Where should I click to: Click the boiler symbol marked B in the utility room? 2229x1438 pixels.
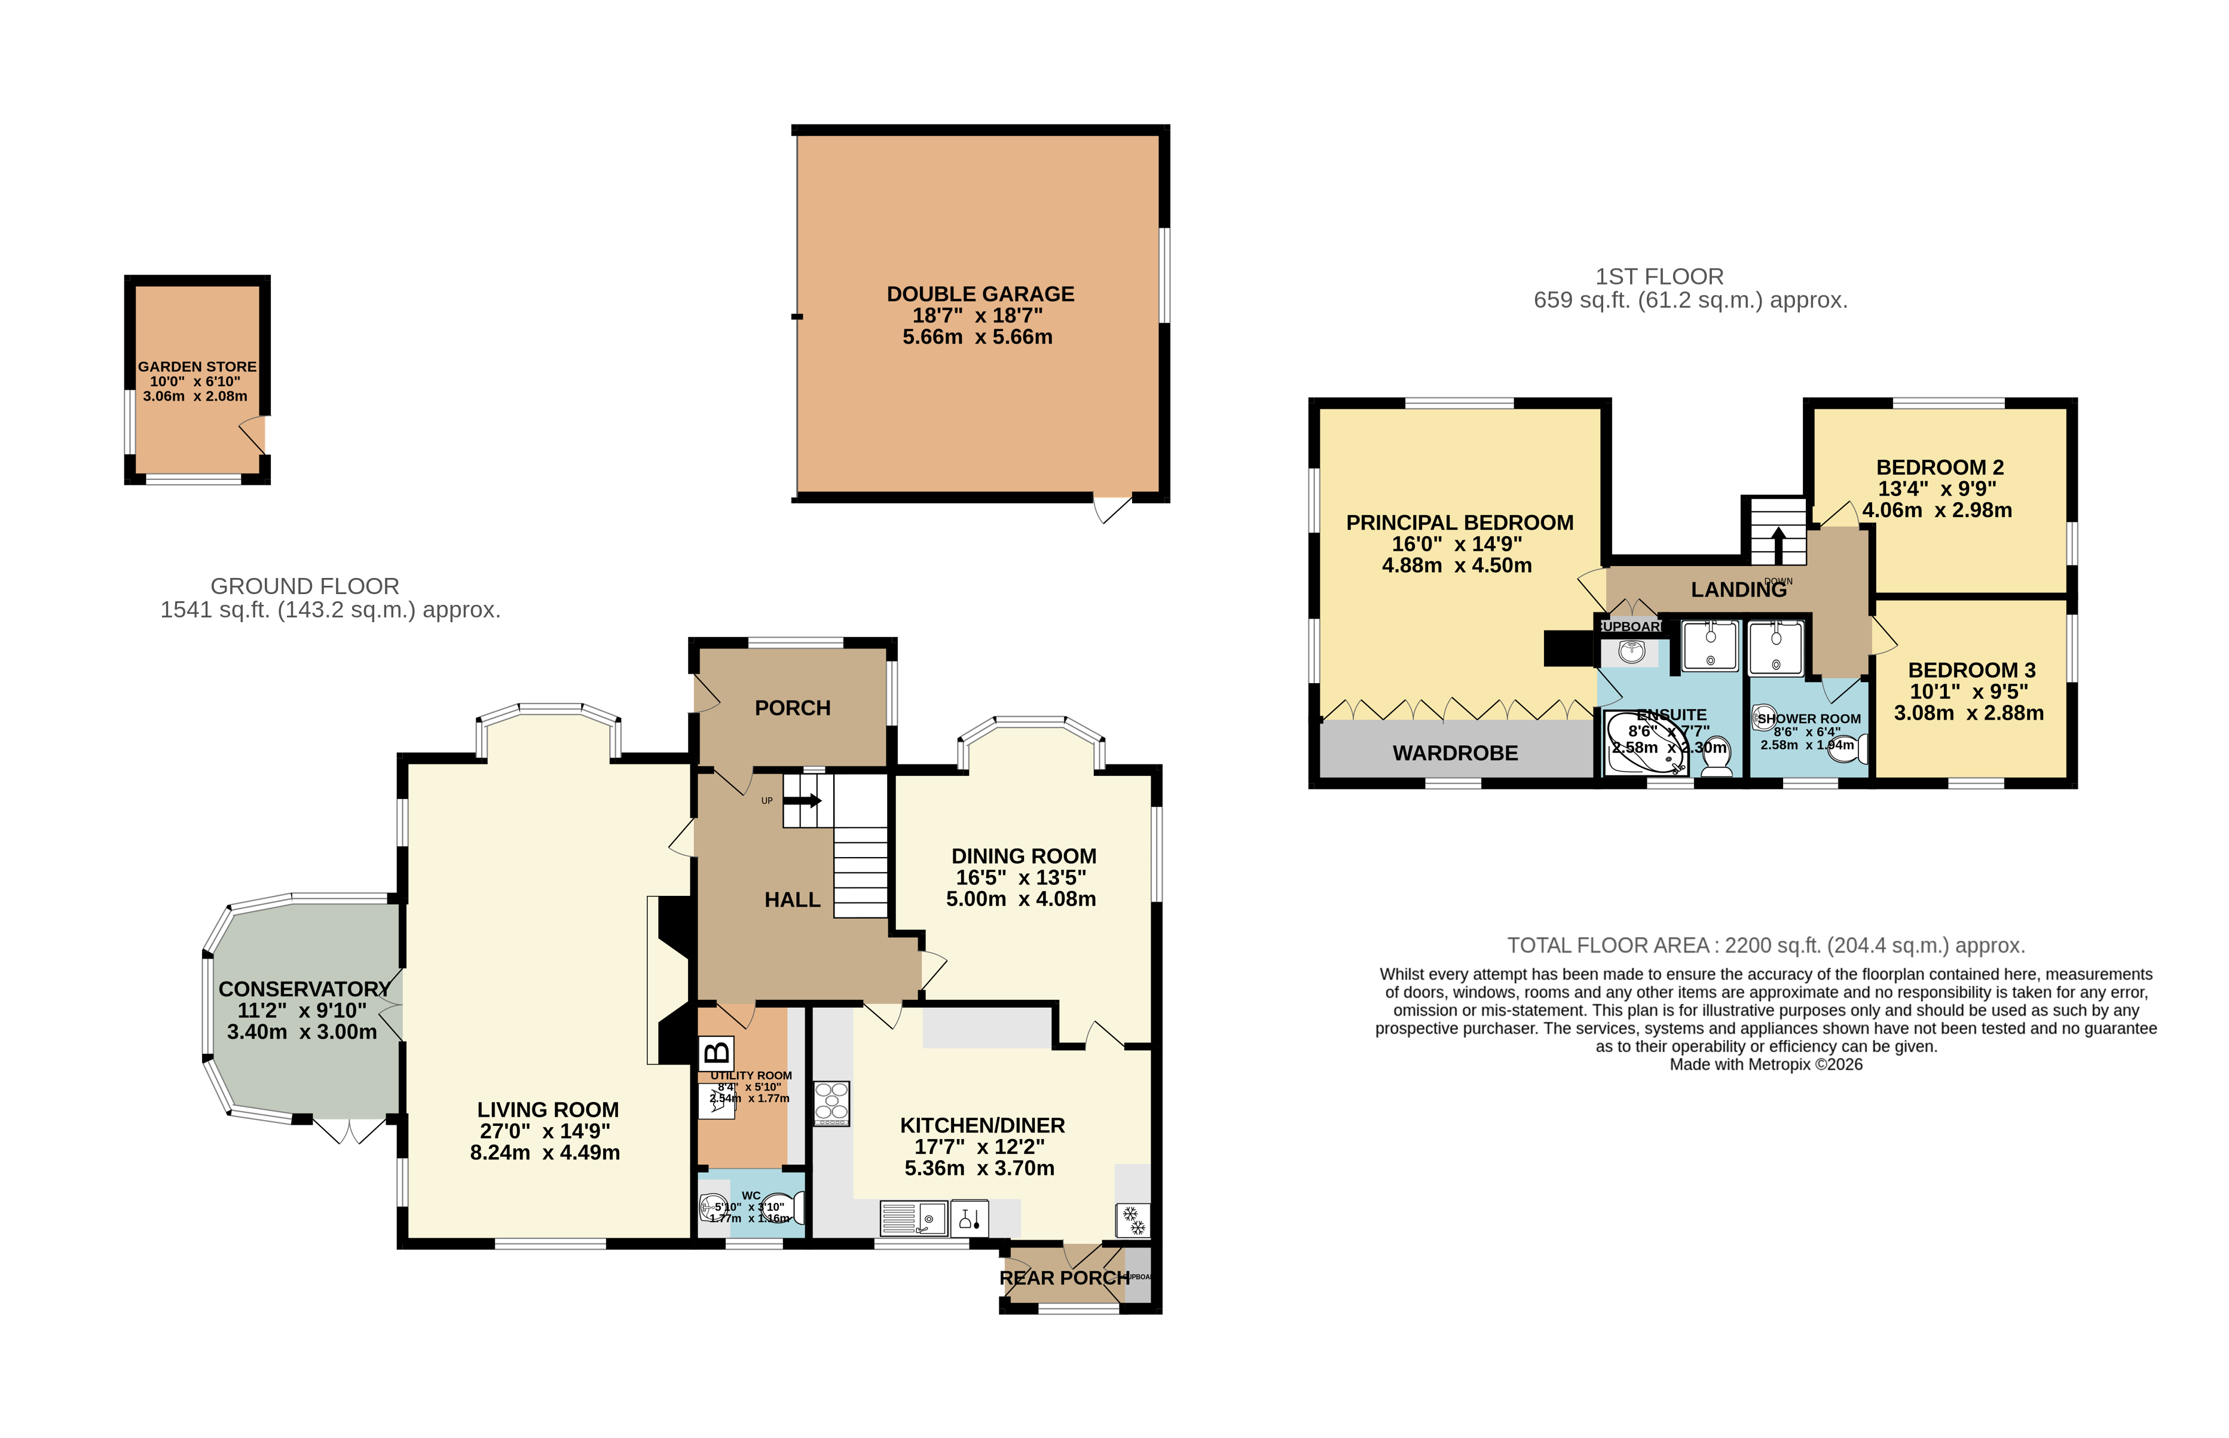coord(716,1053)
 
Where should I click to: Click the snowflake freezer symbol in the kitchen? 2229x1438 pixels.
coord(1133,1219)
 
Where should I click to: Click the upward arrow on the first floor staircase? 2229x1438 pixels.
coord(1777,544)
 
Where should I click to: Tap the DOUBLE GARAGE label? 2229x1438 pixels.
coord(980,294)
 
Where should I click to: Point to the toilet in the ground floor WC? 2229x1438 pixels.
coord(778,1208)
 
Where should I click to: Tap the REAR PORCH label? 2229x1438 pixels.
coord(1063,1277)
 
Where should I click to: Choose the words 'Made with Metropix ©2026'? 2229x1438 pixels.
coord(1765,1064)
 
